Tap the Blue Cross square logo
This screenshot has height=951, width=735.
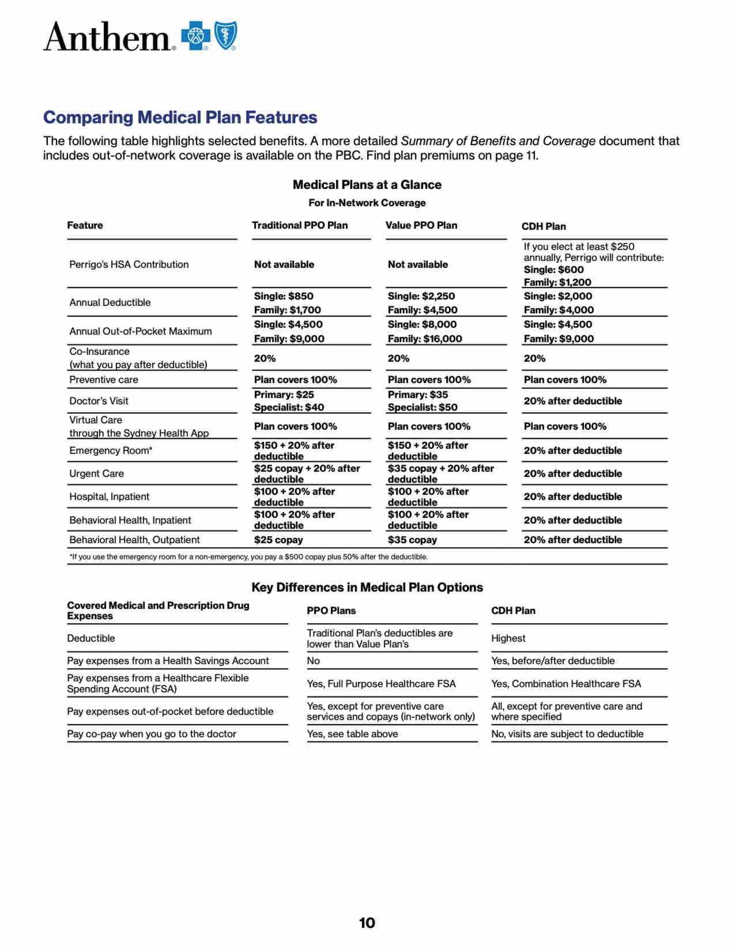(x=195, y=36)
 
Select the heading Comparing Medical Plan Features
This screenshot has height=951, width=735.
(x=180, y=117)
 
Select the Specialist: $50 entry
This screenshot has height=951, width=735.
(x=422, y=408)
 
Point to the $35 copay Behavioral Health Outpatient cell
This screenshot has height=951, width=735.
(x=412, y=540)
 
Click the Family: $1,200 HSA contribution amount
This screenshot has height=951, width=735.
(x=557, y=282)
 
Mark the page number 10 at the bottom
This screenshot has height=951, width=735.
(x=367, y=923)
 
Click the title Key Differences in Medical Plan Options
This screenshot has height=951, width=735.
(x=367, y=588)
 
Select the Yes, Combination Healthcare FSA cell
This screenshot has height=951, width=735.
(x=566, y=684)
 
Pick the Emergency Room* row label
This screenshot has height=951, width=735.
(x=111, y=451)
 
